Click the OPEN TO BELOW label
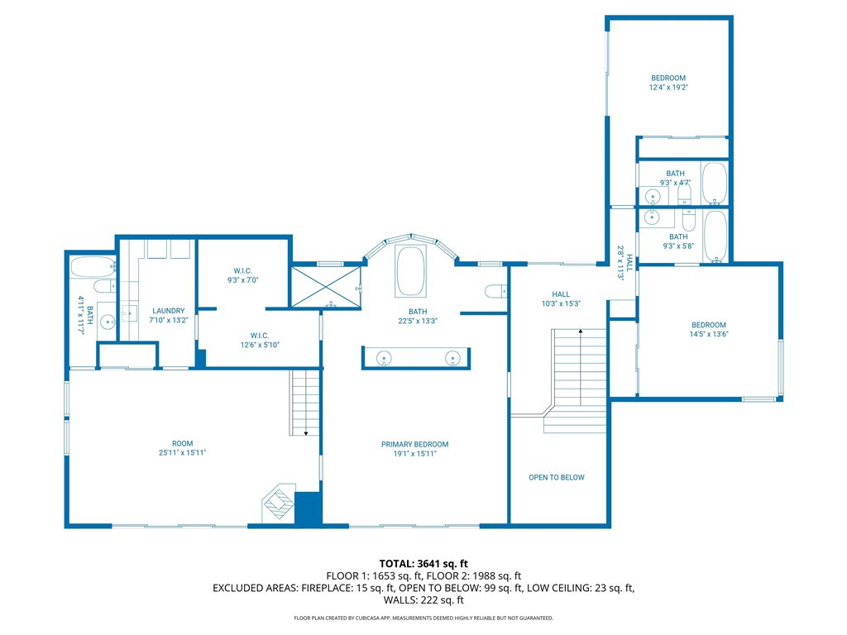tap(557, 477)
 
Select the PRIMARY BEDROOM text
tap(414, 444)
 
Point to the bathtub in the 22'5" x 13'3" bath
tap(411, 270)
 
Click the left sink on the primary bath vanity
tap(384, 358)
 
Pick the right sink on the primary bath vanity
tap(452, 358)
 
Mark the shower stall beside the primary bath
tap(326, 286)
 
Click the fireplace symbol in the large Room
tap(278, 503)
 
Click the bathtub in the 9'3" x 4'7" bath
tap(714, 184)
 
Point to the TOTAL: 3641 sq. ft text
tap(423, 564)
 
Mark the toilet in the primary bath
tap(495, 290)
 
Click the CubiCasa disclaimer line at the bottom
tap(423, 618)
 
